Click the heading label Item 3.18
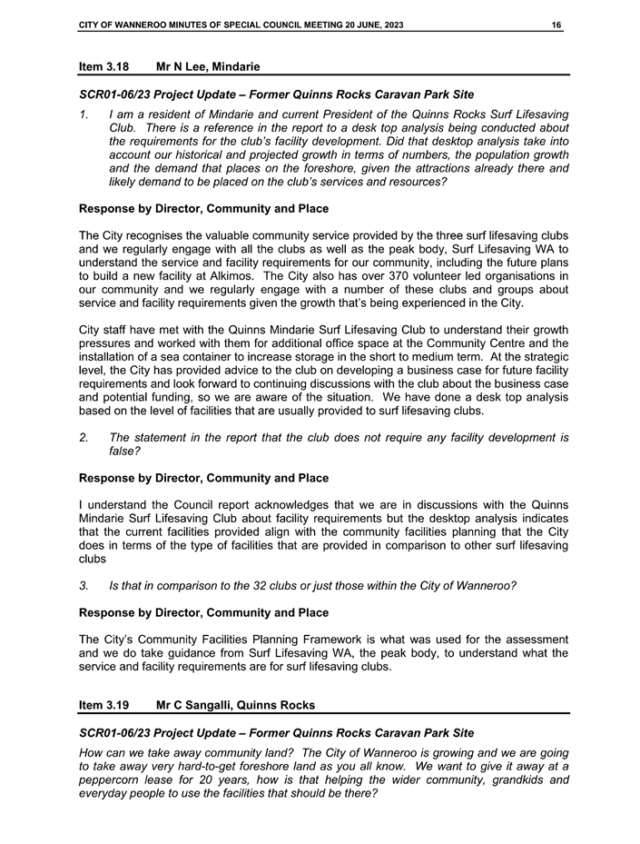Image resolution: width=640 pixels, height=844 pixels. coord(103,66)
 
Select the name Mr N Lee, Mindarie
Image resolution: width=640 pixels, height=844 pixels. coord(208,66)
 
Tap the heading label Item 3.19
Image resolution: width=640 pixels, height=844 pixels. coord(103,703)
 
